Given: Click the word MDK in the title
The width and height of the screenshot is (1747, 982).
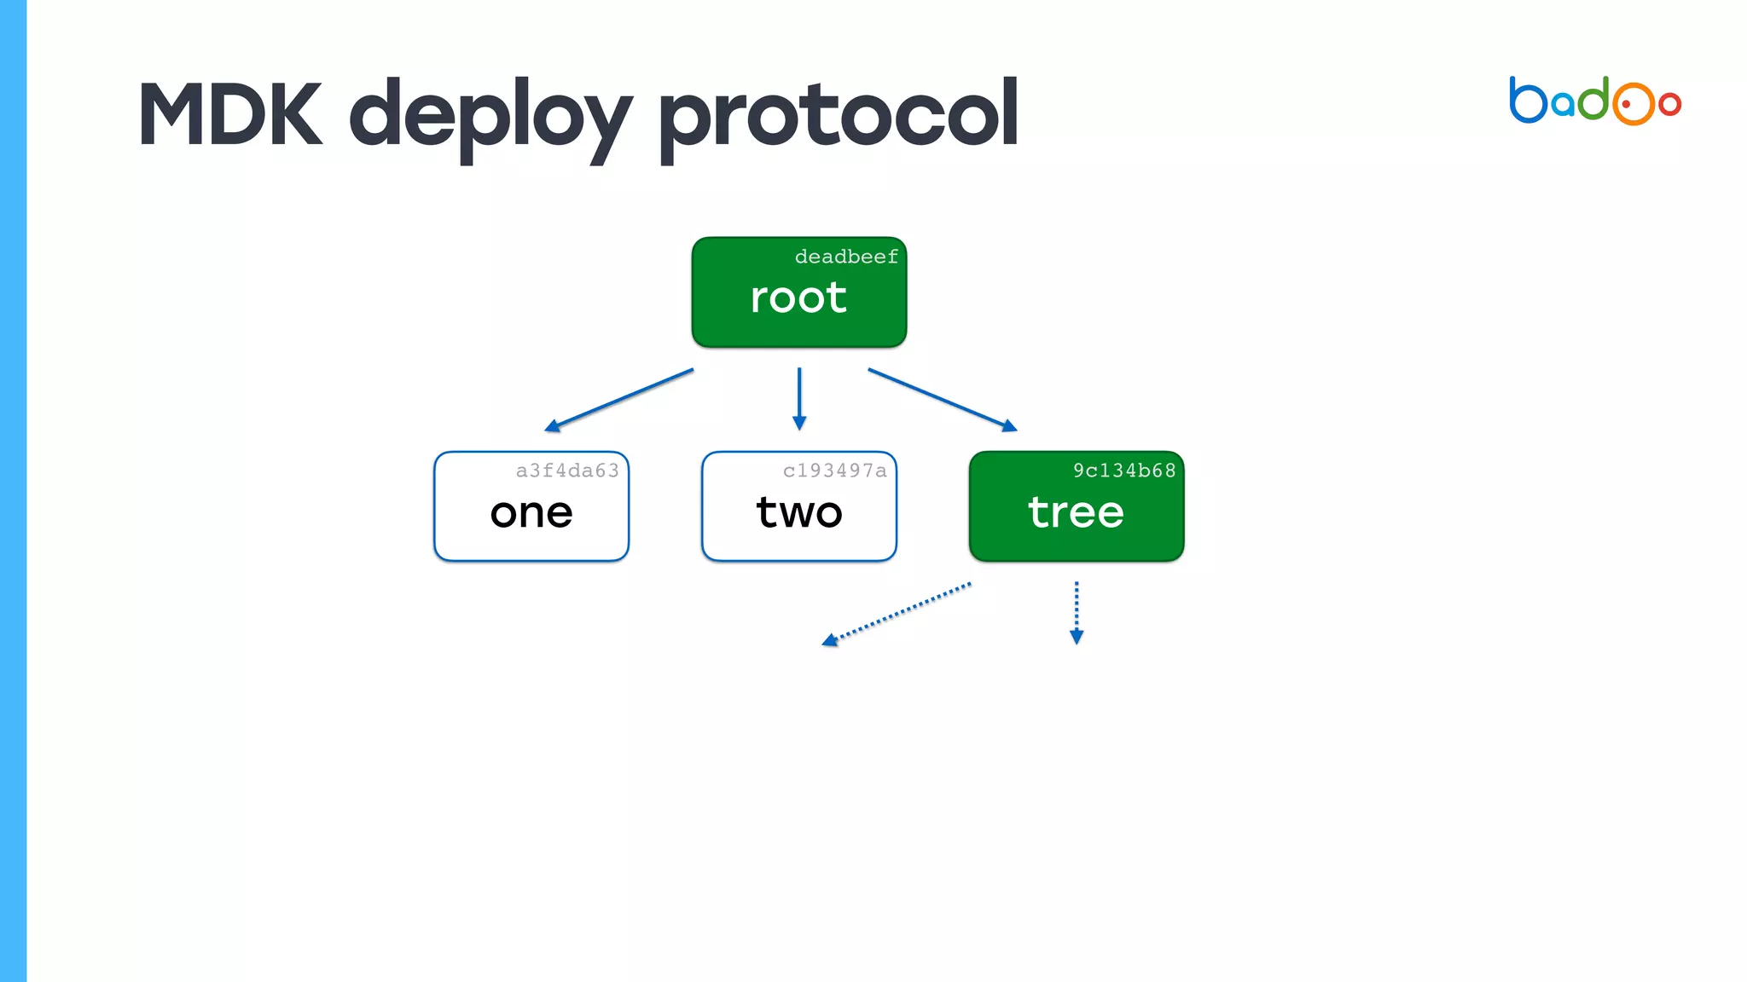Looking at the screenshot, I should tap(230, 115).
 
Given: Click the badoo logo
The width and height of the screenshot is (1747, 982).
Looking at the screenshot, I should tap(1594, 101).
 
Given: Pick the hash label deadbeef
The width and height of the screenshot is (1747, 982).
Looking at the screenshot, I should tap(846, 257).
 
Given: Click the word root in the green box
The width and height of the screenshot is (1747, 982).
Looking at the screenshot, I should tap(798, 297).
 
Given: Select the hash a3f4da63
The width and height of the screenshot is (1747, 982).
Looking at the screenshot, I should tap(567, 471).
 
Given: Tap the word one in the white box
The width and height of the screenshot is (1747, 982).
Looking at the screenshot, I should tap(531, 513).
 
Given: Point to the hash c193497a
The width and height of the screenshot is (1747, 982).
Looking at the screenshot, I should tap(834, 471).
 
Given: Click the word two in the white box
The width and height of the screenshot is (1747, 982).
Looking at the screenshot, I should tap(799, 512).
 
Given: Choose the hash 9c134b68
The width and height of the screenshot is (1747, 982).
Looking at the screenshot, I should tap(1124, 471).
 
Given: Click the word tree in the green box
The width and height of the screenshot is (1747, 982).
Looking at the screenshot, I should tap(1076, 512).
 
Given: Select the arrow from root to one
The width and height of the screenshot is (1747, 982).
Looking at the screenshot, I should tap(619, 399).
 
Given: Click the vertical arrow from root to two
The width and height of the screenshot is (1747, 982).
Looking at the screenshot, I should tap(799, 398).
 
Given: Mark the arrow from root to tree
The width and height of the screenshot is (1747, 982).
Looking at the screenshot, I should tap(942, 399).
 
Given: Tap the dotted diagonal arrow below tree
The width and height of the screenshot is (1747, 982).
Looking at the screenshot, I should tap(896, 614).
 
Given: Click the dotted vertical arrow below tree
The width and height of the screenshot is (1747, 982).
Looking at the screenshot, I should tap(1077, 612).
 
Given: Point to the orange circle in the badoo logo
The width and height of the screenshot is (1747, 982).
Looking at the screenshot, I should tap(1633, 104).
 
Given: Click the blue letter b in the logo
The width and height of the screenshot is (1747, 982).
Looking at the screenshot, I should tap(1527, 101).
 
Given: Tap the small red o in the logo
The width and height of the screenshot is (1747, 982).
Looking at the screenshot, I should tap(1669, 104).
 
